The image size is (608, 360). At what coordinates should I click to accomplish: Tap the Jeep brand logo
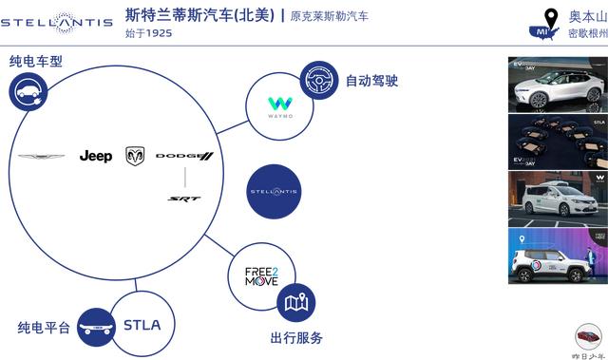pyautogui.click(x=96, y=156)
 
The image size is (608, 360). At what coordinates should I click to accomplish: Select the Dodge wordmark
pyautogui.click(x=184, y=156)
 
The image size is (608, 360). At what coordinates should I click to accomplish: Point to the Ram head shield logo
pyautogui.click(x=135, y=156)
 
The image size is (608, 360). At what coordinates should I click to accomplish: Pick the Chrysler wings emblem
pyautogui.click(x=42, y=157)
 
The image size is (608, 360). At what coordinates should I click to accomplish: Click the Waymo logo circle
pyautogui.click(x=280, y=105)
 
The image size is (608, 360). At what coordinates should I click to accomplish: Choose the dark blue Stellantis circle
pyautogui.click(x=274, y=192)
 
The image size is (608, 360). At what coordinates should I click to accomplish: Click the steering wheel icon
pyautogui.click(x=319, y=81)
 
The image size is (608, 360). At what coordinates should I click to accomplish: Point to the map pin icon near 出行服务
pyautogui.click(x=295, y=303)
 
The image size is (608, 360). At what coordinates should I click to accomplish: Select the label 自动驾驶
pyautogui.click(x=371, y=82)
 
